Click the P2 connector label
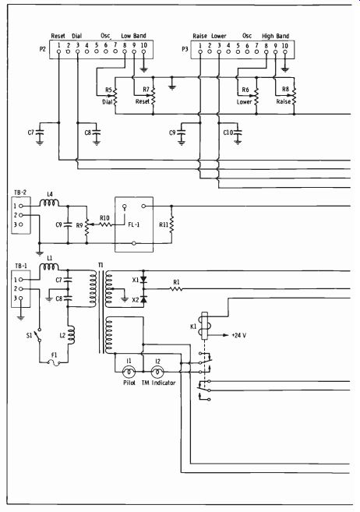[42, 49]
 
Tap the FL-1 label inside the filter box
[134, 224]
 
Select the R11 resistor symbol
[171, 225]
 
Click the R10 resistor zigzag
[105, 224]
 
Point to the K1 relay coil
[205, 326]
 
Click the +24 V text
[238, 335]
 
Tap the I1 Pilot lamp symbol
[129, 372]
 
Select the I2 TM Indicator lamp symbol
[157, 372]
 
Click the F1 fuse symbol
[55, 362]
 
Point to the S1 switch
[39, 335]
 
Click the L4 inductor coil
[49, 203]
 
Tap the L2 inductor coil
[71, 334]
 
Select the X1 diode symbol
[143, 280]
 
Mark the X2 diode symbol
[143, 298]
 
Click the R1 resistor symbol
[176, 288]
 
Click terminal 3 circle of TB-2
[21, 224]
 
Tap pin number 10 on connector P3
[285, 45]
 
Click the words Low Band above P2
[133, 36]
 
